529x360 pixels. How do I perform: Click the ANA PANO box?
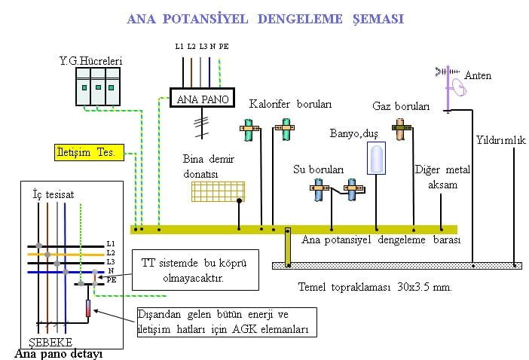pos(203,99)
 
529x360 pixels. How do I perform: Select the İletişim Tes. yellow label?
pos(85,152)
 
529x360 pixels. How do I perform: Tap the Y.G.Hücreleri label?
pos(91,59)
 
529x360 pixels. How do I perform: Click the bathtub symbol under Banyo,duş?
pos(375,159)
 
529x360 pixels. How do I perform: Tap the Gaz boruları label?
pos(401,106)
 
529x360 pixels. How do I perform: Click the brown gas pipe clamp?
pos(400,133)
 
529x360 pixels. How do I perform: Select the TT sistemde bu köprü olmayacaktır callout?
pos(194,270)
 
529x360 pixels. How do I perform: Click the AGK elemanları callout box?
pos(225,322)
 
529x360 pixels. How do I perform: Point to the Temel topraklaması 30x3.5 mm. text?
pos(375,287)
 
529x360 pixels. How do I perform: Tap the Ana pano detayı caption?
pos(58,352)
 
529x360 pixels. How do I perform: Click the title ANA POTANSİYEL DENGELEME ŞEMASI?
pos(265,19)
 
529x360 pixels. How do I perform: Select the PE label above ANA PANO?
pos(225,47)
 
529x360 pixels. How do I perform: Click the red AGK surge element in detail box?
pos(88,307)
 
